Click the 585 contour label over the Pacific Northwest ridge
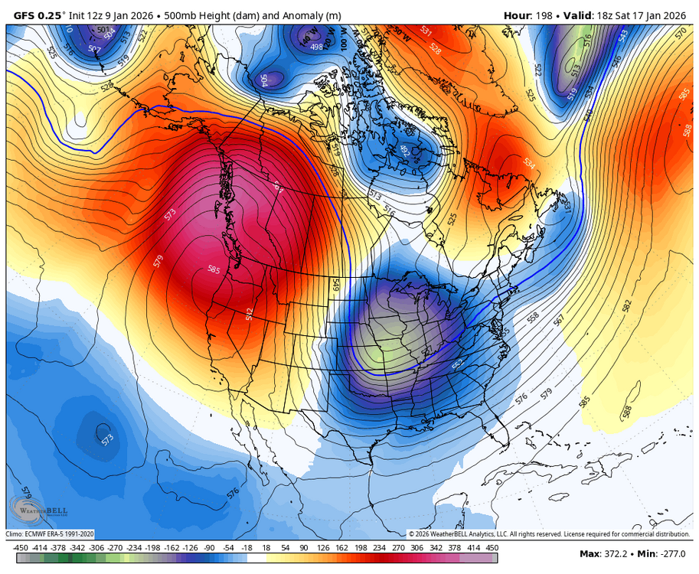tap(214, 269)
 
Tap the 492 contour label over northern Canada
tap(406, 151)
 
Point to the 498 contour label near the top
tap(316, 47)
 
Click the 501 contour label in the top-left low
tap(103, 30)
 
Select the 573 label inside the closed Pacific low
tap(107, 439)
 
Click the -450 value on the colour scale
tap(21, 547)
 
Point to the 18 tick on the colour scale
tap(266, 547)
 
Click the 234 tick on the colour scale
tap(377, 547)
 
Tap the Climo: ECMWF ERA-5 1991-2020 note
tap(51, 533)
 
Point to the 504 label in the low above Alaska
tap(265, 79)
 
